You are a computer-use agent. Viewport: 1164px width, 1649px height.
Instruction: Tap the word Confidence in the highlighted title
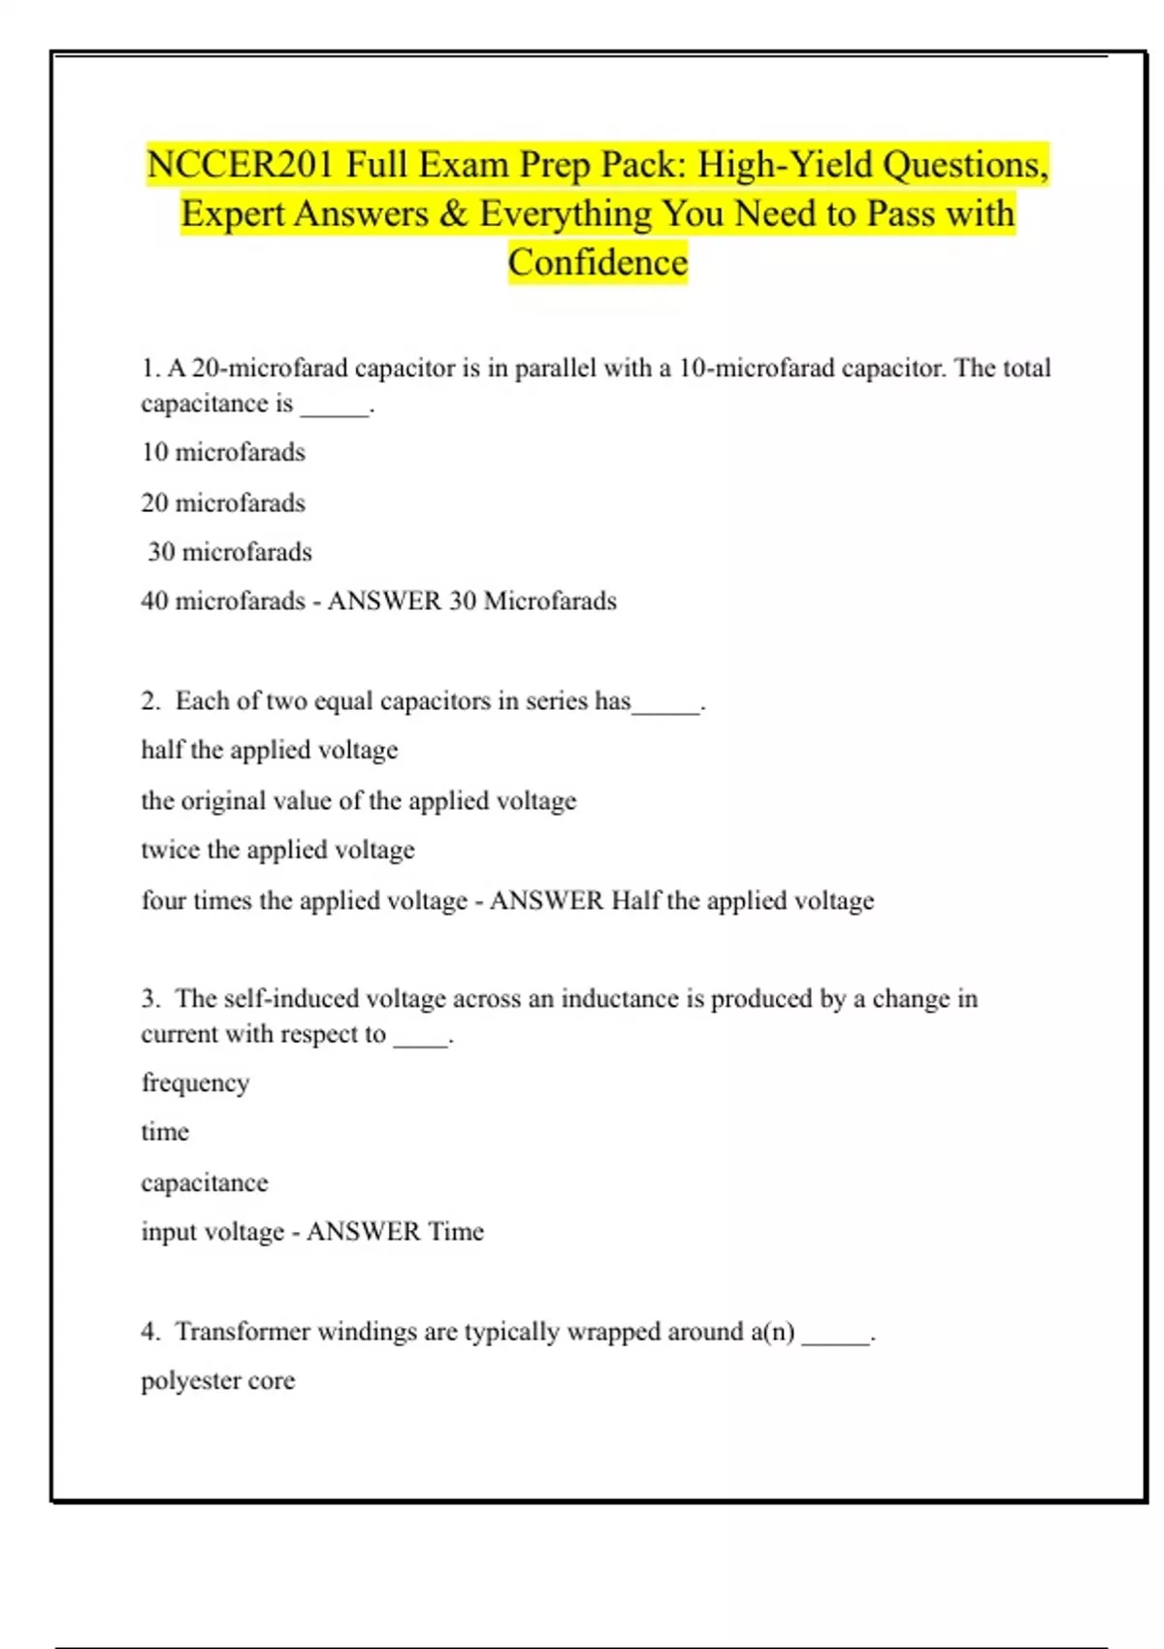pos(598,263)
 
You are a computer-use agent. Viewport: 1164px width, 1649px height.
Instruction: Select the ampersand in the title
pos(453,214)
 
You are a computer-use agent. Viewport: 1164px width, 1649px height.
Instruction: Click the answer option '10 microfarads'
pos(223,452)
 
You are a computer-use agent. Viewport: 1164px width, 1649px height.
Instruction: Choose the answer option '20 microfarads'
pos(223,502)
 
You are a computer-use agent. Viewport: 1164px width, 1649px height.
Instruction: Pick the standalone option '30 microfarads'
pos(230,552)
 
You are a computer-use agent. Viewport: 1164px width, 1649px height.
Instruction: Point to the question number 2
pos(149,701)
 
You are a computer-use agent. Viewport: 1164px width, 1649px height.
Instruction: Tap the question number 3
pos(149,999)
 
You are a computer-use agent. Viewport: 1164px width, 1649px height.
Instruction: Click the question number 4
pos(149,1332)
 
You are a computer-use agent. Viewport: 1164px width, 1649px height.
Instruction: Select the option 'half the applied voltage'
pos(270,750)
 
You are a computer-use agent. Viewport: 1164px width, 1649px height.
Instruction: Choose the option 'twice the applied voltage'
pos(277,850)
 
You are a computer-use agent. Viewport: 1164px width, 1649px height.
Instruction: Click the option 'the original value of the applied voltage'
pos(359,800)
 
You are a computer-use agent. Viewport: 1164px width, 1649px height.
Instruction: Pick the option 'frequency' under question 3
pos(195,1083)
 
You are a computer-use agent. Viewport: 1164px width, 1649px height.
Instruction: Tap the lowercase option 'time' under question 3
pos(165,1132)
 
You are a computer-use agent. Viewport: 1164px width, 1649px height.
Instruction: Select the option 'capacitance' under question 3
pos(205,1182)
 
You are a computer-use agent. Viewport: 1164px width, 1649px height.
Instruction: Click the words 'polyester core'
pos(218,1380)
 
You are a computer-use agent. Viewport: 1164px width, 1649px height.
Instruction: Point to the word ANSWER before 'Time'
pos(364,1232)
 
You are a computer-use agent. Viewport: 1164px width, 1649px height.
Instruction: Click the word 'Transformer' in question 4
pos(242,1332)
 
